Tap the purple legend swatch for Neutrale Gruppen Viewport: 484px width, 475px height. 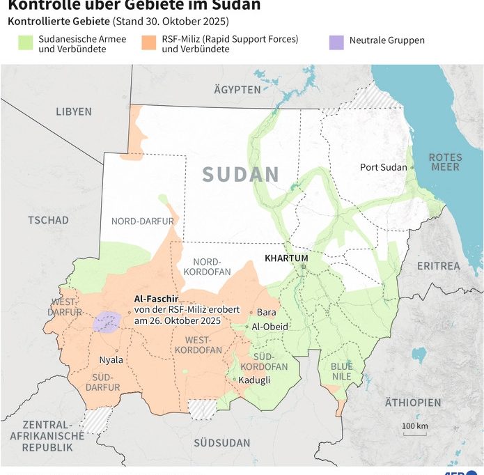(336, 41)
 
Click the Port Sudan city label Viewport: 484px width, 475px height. (383, 167)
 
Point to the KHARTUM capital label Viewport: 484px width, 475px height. (286, 258)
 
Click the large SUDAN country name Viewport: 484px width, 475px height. (241, 175)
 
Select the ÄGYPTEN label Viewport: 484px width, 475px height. (237, 91)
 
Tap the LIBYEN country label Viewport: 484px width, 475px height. (74, 111)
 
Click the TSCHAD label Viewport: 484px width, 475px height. (48, 220)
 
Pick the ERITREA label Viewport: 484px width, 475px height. (438, 266)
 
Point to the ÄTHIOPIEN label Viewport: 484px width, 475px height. (413, 403)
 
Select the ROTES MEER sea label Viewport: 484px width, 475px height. (444, 162)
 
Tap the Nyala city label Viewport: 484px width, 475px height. (111, 360)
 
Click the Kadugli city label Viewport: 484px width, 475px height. (254, 380)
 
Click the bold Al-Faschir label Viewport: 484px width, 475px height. (157, 297)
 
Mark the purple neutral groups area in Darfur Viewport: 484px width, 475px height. (107, 322)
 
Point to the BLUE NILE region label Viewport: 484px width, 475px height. (341, 371)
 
